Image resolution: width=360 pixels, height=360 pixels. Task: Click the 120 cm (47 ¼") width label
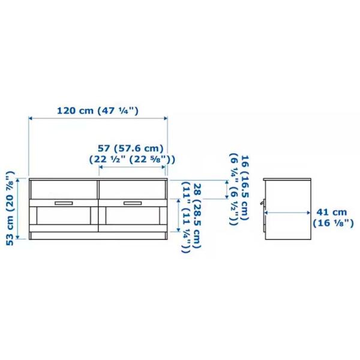(x=98, y=111)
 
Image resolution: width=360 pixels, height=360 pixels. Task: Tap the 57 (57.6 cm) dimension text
(x=131, y=149)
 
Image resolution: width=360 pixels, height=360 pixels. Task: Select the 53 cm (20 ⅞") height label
(x=10, y=208)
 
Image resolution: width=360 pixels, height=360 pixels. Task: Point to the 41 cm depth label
(x=332, y=212)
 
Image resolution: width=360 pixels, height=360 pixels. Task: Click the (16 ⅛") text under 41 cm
(x=333, y=223)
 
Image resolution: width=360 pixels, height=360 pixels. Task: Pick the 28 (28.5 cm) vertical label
(x=197, y=216)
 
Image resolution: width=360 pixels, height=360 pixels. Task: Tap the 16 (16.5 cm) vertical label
(x=245, y=188)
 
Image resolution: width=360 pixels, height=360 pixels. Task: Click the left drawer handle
(x=64, y=203)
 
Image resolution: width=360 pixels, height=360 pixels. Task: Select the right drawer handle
(x=133, y=203)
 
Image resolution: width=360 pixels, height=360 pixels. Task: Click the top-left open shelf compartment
(x=64, y=190)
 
